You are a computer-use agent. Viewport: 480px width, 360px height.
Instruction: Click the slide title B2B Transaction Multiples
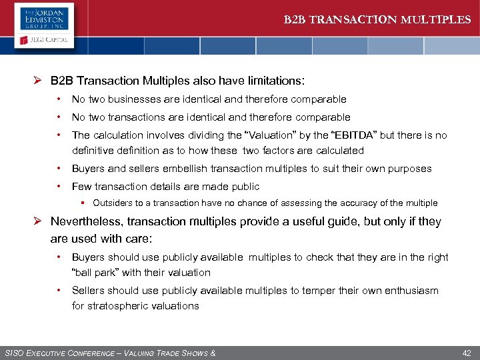tap(377, 19)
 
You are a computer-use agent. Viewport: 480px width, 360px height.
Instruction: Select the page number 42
tap(466, 353)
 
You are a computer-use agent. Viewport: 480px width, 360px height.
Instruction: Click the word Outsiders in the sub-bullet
tap(113, 203)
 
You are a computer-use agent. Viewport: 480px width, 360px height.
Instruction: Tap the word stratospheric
tap(119, 306)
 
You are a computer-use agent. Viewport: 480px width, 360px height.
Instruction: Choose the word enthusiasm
tap(410, 291)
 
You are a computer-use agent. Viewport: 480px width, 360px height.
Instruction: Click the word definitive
tap(93, 151)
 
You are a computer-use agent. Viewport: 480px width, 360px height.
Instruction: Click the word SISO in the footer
tap(15, 353)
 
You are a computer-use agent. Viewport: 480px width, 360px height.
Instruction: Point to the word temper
tap(321, 291)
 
